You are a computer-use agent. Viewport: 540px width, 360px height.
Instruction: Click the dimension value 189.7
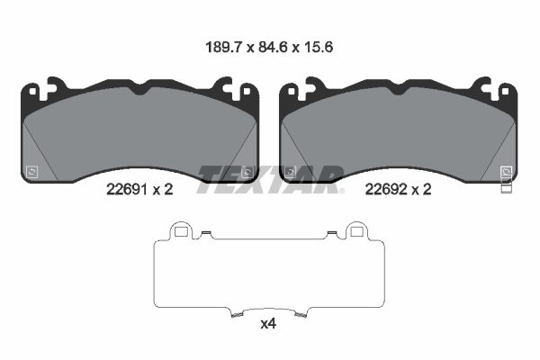(x=224, y=47)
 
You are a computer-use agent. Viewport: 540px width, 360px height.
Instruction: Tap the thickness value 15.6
(x=319, y=47)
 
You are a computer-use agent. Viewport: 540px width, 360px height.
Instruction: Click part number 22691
(x=127, y=190)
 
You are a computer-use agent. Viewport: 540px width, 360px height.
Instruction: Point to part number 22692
(x=386, y=190)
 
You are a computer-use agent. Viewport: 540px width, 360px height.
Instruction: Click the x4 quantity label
(x=268, y=324)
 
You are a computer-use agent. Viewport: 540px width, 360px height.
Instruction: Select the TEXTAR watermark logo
(x=270, y=179)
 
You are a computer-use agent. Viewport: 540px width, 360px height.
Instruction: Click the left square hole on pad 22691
(x=32, y=91)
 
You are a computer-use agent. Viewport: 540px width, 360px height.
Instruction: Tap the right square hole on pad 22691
(x=247, y=91)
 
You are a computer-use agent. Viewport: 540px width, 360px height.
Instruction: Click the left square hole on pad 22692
(x=292, y=91)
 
